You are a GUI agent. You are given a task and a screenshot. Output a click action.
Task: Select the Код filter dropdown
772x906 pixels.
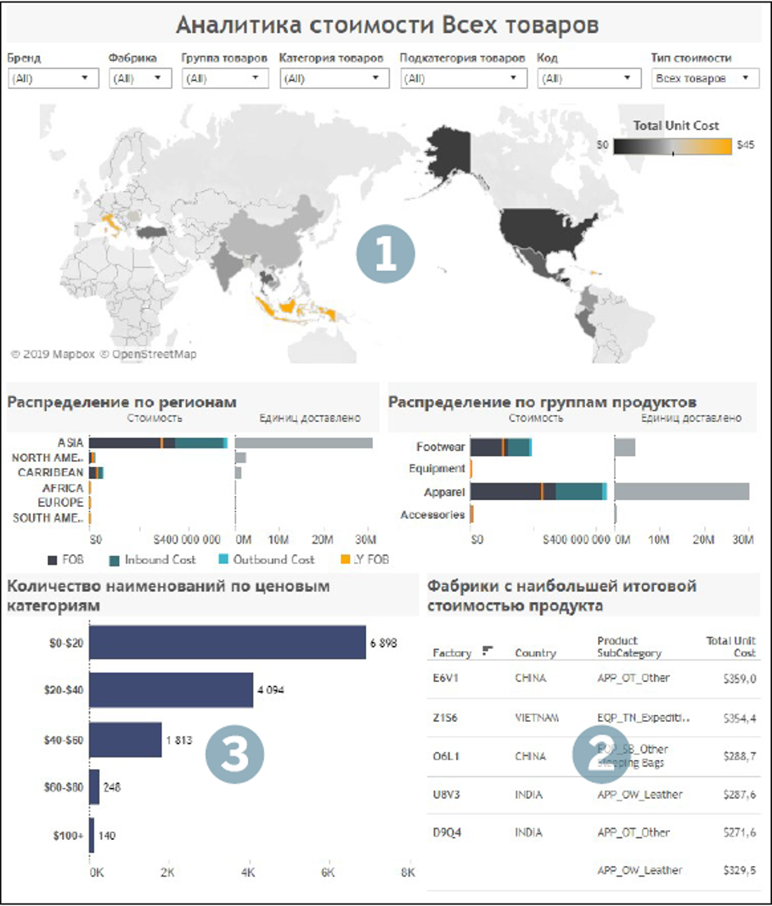pyautogui.click(x=589, y=78)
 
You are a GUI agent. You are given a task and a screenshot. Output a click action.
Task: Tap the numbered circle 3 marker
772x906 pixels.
pyautogui.click(x=235, y=753)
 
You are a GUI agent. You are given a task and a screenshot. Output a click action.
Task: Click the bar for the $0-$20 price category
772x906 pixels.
pyautogui.click(x=228, y=642)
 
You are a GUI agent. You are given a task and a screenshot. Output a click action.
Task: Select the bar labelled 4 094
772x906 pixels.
pyautogui.click(x=172, y=690)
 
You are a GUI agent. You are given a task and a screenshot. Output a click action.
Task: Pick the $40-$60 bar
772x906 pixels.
pyautogui.click(x=126, y=740)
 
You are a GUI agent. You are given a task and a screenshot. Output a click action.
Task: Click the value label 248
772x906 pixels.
pyautogui.click(x=112, y=787)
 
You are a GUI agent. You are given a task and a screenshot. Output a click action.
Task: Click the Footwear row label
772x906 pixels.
pyautogui.click(x=441, y=447)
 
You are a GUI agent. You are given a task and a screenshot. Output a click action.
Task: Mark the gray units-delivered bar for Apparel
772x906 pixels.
pyautogui.click(x=681, y=492)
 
